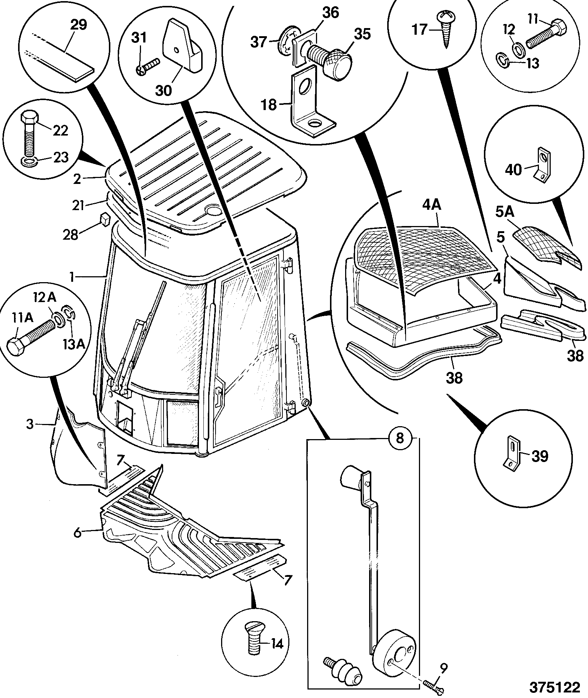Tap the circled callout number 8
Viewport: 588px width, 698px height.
400,438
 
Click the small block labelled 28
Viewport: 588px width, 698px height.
105,218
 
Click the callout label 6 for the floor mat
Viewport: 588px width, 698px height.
78,533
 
